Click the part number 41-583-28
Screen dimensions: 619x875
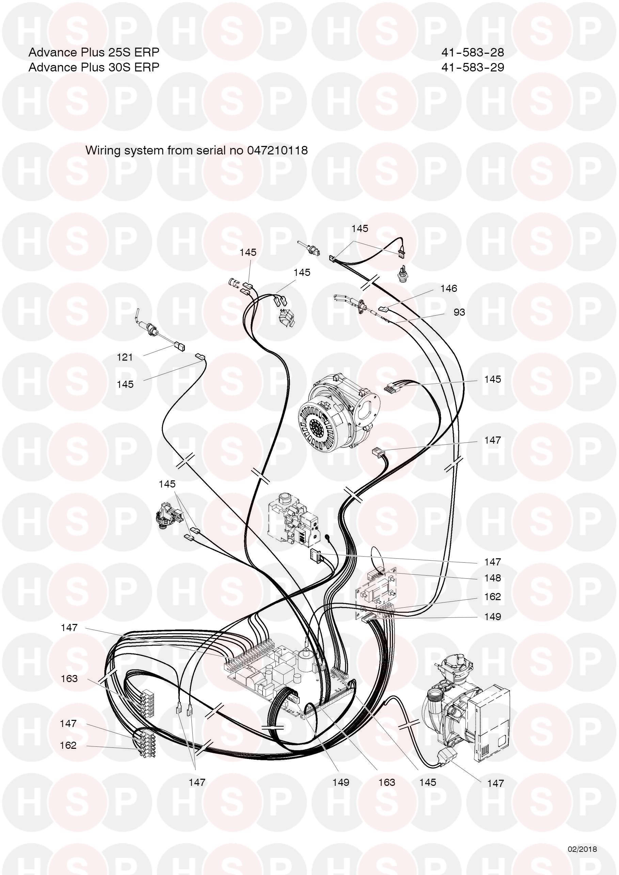pyautogui.click(x=473, y=52)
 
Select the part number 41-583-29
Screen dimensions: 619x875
pyautogui.click(x=473, y=67)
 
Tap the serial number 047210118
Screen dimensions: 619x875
pyautogui.click(x=277, y=150)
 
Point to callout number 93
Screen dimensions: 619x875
pyautogui.click(x=459, y=312)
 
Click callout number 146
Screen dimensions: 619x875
pyautogui.click(x=448, y=288)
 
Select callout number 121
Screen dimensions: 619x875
pyautogui.click(x=125, y=357)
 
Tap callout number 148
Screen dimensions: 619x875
pyautogui.click(x=492, y=578)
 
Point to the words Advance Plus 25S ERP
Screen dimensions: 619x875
pyautogui.click(x=94, y=52)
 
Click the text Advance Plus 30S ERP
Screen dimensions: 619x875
pyautogui.click(x=94, y=67)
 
